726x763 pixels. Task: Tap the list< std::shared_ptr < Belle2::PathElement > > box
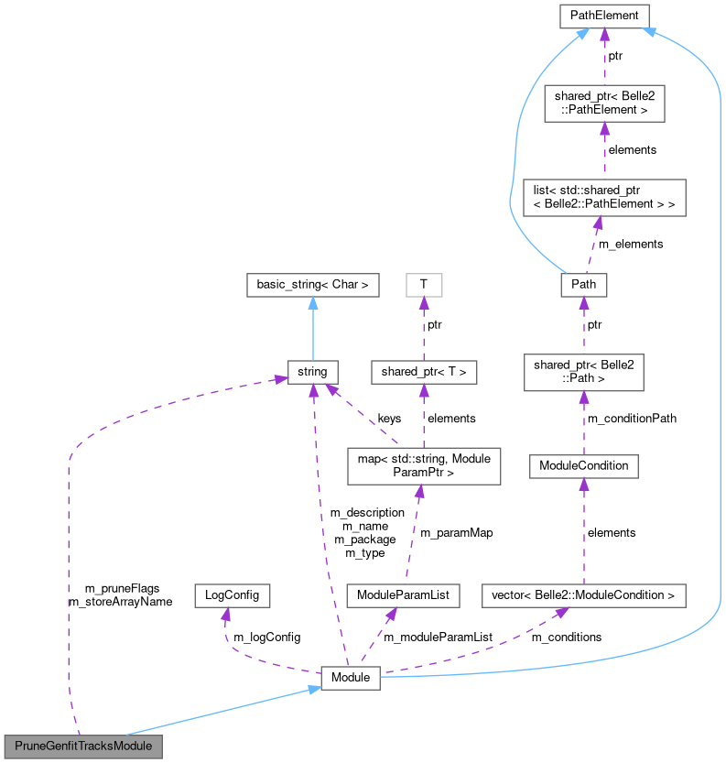604,198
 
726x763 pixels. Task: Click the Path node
583,284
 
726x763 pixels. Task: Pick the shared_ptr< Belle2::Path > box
583,372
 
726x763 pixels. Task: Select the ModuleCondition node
583,465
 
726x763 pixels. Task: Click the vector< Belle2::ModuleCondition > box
583,595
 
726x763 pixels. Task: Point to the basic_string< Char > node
312,285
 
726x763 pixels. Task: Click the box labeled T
423,285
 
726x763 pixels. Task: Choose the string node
312,372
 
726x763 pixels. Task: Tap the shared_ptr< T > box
423,372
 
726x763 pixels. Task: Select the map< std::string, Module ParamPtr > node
423,465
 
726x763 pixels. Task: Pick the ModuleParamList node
403,595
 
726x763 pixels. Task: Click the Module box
350,678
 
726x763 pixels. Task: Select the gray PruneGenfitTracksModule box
83,746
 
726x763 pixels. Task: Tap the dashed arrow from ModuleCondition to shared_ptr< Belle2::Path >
583,421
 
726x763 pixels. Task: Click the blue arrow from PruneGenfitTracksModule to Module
220,712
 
